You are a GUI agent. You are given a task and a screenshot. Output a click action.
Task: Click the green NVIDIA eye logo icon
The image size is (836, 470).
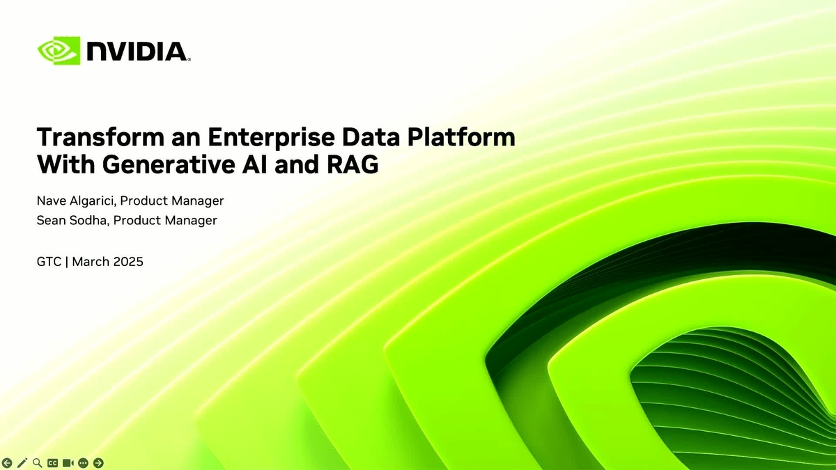coord(59,51)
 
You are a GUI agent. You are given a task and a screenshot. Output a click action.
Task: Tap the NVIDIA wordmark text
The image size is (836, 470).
coord(138,52)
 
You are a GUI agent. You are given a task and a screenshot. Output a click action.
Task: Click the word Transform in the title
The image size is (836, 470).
coord(100,137)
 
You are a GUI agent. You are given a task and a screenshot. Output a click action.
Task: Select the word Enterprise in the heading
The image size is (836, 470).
coord(271,138)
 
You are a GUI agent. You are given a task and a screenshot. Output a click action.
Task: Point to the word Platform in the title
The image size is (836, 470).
coord(461,137)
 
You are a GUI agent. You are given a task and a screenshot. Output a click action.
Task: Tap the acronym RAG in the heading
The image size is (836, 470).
coord(353,164)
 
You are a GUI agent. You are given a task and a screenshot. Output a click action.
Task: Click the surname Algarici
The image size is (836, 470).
coord(93,201)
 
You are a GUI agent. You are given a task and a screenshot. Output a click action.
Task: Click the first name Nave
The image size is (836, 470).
coord(51,201)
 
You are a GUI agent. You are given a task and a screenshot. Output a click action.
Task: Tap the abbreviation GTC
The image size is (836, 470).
coord(49,262)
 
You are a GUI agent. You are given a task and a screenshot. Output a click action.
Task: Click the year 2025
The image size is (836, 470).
coord(128,262)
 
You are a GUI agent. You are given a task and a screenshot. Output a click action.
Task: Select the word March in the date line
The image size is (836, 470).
coord(91,262)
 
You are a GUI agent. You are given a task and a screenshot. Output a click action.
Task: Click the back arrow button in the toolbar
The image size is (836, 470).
coord(7,463)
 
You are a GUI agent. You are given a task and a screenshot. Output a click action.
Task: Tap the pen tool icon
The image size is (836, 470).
coord(22,463)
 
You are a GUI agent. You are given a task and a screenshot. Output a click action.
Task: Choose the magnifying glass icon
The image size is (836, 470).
coord(38,463)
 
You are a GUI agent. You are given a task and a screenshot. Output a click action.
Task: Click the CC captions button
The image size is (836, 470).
coord(53,463)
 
